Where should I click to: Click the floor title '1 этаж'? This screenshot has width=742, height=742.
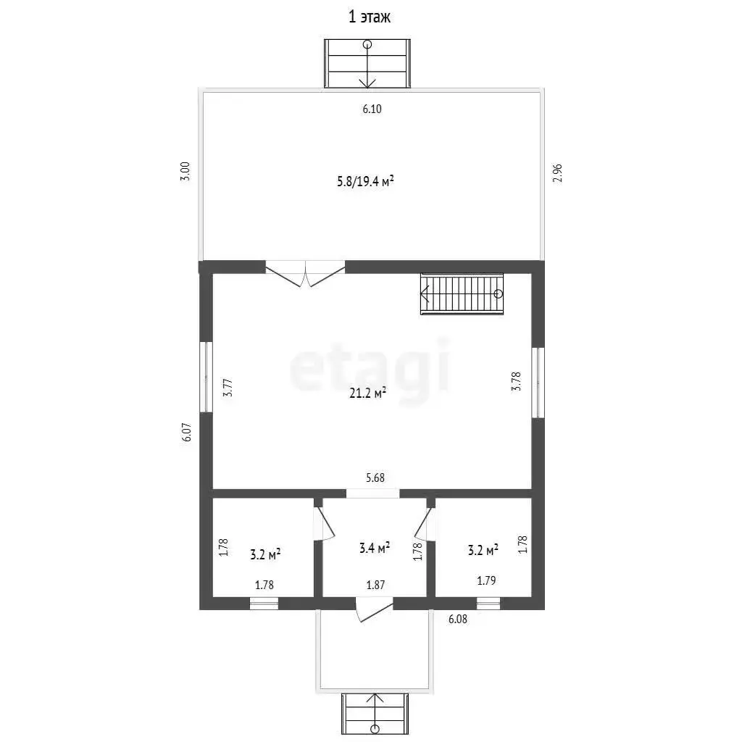[370, 17]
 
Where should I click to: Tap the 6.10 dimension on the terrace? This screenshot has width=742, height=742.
[372, 109]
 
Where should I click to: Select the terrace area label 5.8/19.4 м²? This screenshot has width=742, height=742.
[365, 181]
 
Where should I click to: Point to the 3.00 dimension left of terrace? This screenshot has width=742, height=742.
[185, 171]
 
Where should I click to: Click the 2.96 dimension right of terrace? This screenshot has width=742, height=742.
[557, 173]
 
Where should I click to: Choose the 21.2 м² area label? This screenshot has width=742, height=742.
[367, 393]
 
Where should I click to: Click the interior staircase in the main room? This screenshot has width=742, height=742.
[462, 293]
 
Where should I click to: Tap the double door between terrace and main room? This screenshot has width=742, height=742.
[305, 274]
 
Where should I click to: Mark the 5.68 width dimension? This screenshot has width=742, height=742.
[375, 478]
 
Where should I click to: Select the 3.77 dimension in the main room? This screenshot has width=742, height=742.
[228, 387]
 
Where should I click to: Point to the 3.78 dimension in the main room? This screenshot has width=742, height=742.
[516, 381]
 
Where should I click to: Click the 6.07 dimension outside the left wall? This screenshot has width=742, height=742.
[186, 432]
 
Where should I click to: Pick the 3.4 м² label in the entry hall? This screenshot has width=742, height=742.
[375, 548]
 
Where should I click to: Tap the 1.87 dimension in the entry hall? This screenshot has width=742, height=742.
[375, 585]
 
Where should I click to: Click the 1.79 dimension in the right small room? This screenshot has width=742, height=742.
[486, 580]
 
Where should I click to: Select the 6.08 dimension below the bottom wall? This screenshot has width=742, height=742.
[458, 619]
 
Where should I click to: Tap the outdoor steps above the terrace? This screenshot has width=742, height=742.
[367, 64]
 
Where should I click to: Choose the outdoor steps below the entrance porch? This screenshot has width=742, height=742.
[375, 714]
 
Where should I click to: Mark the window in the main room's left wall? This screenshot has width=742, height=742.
[206, 377]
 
